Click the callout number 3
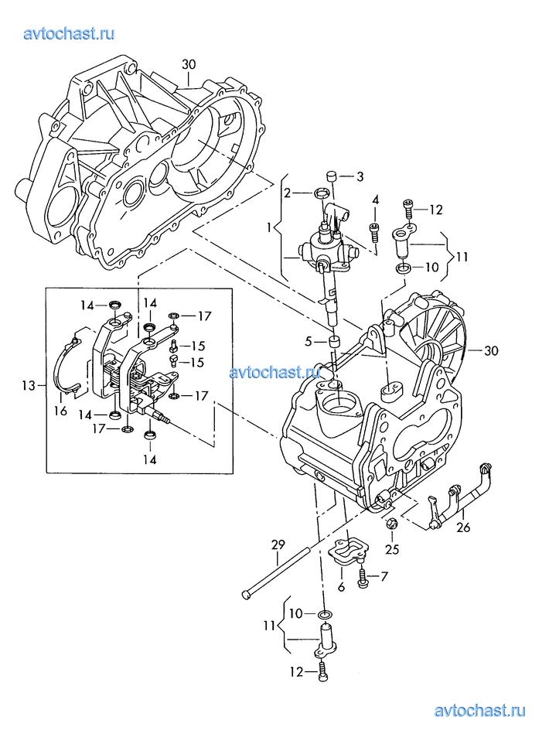(359, 177)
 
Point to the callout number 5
(309, 341)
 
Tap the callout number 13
(29, 385)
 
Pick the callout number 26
(462, 528)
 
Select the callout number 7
(384, 577)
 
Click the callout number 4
(375, 200)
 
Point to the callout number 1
(269, 228)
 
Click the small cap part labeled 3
(329, 177)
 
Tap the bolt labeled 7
(362, 575)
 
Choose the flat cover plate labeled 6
(348, 552)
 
